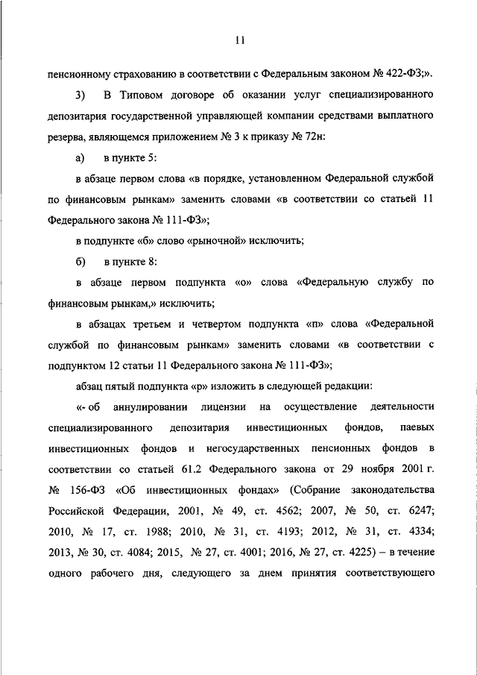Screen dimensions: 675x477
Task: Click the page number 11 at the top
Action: click(239, 40)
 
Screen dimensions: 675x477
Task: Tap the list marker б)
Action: click(80, 263)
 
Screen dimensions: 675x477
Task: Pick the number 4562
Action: click(299, 512)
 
